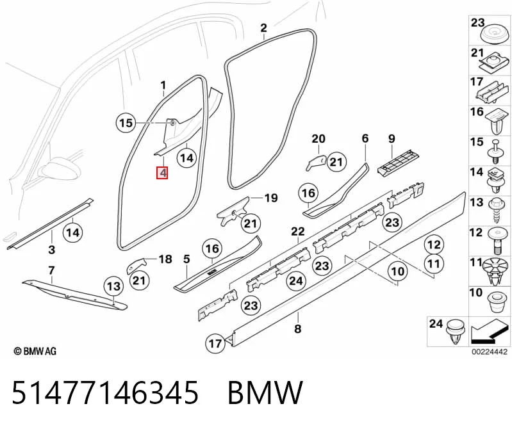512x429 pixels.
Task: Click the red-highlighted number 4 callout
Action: pyautogui.click(x=162, y=173)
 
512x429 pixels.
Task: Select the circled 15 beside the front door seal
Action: pyautogui.click(x=126, y=123)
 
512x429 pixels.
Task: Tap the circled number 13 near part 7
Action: pyautogui.click(x=113, y=286)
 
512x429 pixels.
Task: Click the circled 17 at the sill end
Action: pyautogui.click(x=215, y=343)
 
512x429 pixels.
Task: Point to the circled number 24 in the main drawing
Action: pyautogui.click(x=296, y=280)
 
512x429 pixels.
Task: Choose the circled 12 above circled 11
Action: pyautogui.click(x=434, y=245)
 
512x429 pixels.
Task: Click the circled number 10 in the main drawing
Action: pyautogui.click(x=398, y=271)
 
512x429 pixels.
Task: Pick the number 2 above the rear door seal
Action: pyautogui.click(x=264, y=28)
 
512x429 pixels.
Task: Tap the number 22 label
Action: pyautogui.click(x=298, y=232)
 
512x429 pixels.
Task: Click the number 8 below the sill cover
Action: pyautogui.click(x=297, y=328)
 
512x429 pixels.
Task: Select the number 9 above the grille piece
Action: pyautogui.click(x=392, y=139)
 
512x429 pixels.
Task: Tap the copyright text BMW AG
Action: pyautogui.click(x=35, y=351)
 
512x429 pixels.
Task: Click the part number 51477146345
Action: pyautogui.click(x=105, y=392)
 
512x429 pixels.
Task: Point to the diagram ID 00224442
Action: pyautogui.click(x=489, y=352)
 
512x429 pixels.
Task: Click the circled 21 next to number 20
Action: pyautogui.click(x=336, y=162)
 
